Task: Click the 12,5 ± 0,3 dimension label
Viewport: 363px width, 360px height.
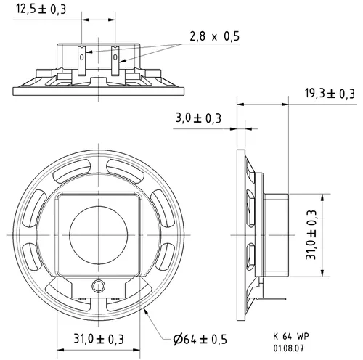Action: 41,9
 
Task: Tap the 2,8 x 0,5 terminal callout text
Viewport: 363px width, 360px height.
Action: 214,36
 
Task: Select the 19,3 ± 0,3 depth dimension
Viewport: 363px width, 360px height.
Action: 330,94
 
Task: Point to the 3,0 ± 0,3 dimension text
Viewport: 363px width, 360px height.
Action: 198,118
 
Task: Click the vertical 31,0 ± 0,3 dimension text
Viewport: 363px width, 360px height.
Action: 311,235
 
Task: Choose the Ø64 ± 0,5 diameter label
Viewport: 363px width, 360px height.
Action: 200,339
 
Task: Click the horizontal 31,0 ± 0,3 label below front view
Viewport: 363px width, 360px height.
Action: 99,339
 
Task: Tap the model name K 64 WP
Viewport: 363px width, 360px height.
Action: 291,336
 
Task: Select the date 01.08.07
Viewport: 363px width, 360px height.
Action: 288,348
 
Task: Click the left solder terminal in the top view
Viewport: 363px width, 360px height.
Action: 81,60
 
